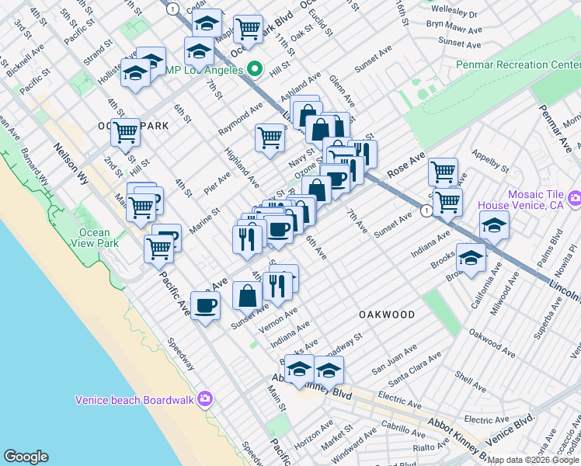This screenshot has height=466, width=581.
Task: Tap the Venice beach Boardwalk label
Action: tap(134, 400)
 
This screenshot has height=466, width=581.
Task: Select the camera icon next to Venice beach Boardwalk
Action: tap(204, 399)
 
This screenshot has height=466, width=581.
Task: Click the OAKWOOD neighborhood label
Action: tap(386, 315)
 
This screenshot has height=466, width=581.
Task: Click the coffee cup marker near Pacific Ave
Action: tap(205, 305)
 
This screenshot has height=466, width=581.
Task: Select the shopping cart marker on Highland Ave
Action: tap(270, 137)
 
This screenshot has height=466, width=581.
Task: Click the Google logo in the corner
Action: tap(26, 457)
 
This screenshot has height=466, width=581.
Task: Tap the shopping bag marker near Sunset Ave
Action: tap(247, 296)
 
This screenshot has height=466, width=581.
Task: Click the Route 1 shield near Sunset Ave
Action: tap(426, 210)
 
